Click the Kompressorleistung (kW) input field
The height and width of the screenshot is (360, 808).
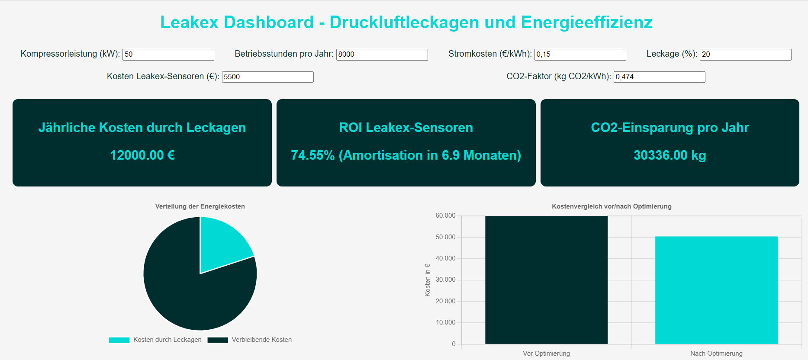[x=168, y=55]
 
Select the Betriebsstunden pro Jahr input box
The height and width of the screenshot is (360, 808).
[x=382, y=55]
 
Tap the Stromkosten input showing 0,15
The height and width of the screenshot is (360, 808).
[x=580, y=55]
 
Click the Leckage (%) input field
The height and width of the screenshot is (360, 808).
[x=745, y=55]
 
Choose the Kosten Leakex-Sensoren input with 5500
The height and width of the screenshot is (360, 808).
[x=267, y=77]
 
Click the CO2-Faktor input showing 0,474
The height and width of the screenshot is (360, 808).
[x=659, y=77]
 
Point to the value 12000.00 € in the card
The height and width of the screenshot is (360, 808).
[x=142, y=155]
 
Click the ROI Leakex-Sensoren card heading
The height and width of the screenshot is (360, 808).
[x=406, y=128]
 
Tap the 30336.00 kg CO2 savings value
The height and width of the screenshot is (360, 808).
[x=670, y=155]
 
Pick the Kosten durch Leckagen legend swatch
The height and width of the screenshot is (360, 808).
[x=119, y=340]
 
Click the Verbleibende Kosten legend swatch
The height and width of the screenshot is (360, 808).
[x=218, y=340]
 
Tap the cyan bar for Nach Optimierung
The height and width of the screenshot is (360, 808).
[x=716, y=290]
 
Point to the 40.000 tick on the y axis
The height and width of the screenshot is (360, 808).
[x=445, y=258]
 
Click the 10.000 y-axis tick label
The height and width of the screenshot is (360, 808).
[x=445, y=322]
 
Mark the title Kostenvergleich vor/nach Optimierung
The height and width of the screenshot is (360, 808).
[x=612, y=206]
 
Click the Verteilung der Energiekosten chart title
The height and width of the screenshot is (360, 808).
[x=200, y=206]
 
